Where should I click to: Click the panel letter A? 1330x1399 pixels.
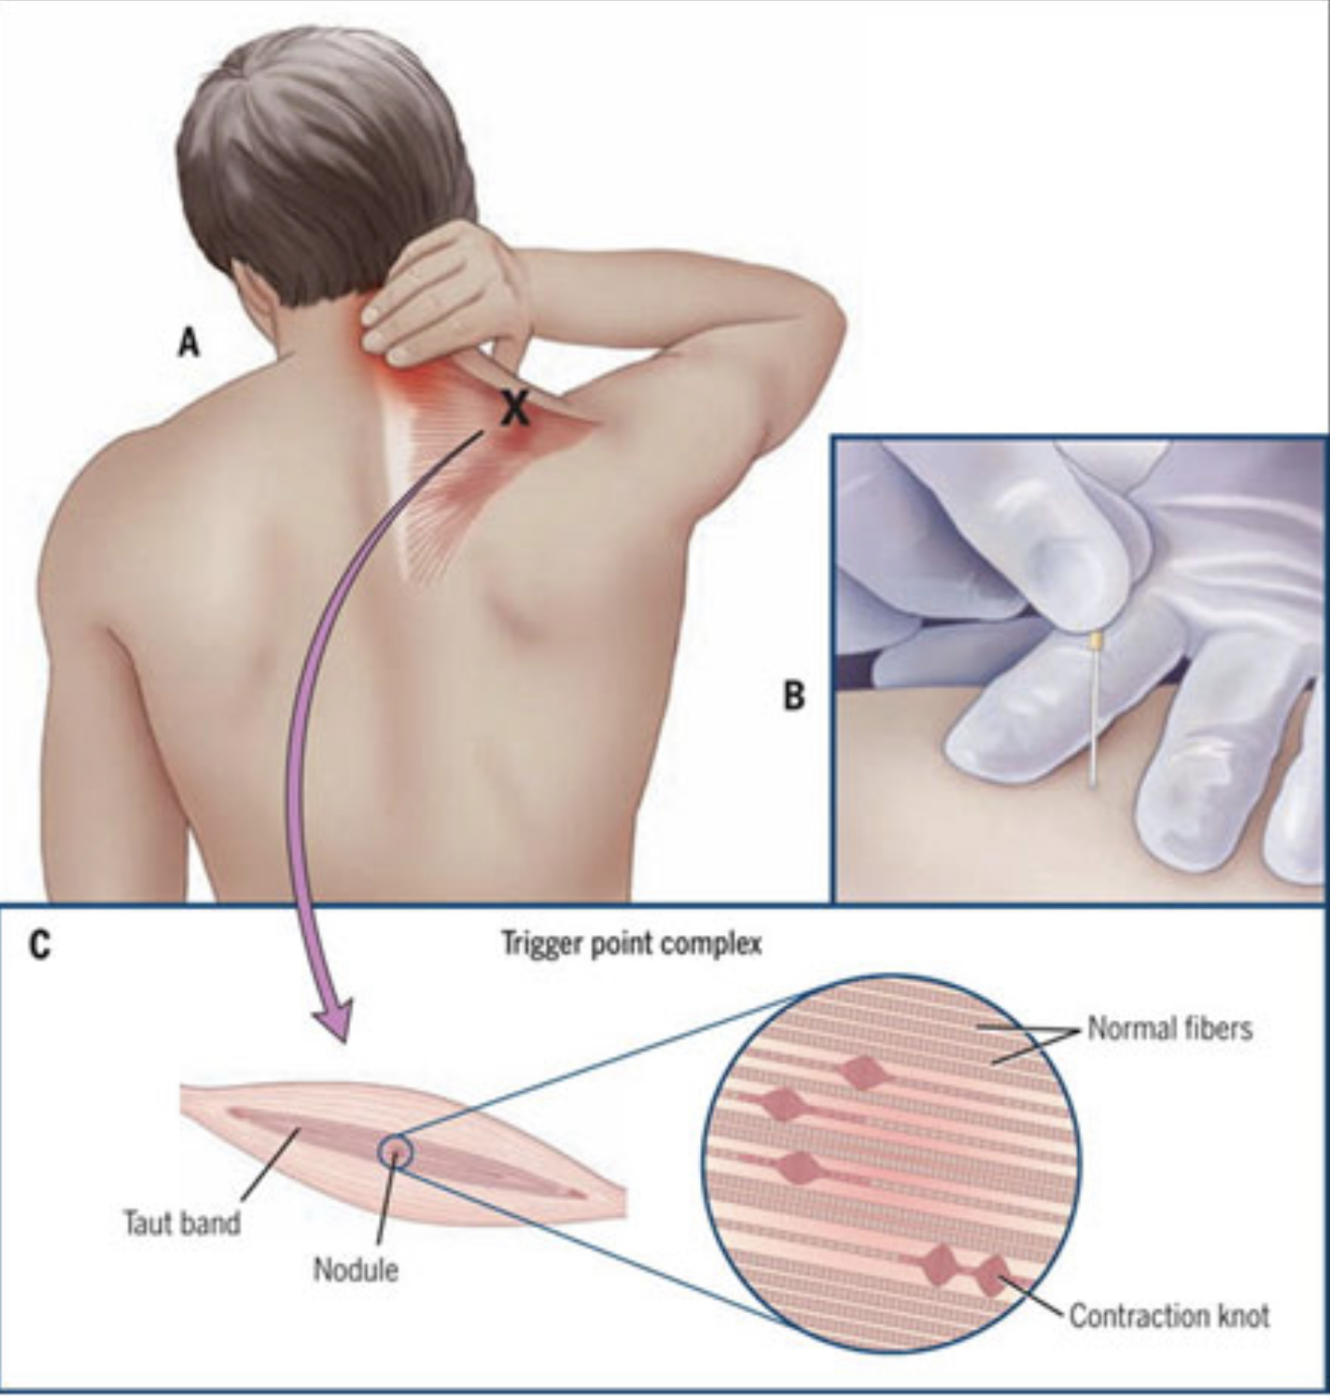189,343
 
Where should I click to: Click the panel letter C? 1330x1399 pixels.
40,945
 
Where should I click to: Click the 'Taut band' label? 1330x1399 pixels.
183,1223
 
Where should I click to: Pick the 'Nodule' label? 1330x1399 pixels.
356,1268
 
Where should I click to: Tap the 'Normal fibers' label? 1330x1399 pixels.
1169,1028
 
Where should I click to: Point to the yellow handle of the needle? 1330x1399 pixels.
1097,640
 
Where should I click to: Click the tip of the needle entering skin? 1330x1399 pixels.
1092,786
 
